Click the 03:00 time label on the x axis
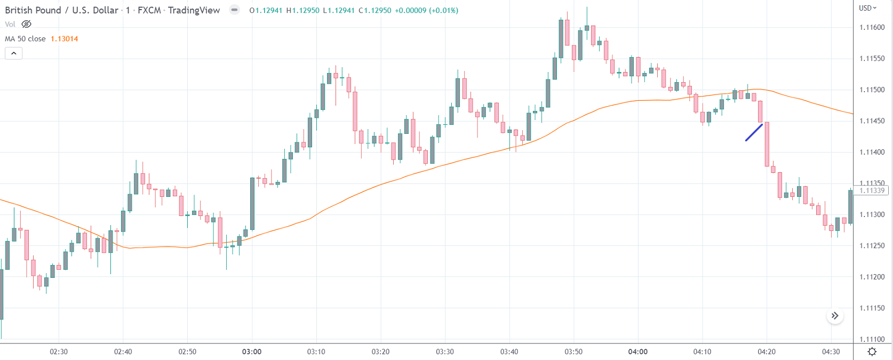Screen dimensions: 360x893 pos(252,351)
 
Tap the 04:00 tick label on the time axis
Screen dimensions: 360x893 pos(638,351)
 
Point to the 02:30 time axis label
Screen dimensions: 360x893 pos(59,351)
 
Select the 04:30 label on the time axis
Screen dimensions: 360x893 pos(831,351)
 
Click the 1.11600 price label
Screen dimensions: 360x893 pos(872,28)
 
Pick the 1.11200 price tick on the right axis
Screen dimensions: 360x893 pos(872,277)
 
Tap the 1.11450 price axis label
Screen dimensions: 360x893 pos(872,121)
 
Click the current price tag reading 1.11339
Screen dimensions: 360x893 pos(872,190)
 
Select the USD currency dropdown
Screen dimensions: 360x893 pos(867,8)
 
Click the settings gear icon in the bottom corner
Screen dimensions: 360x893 pos(872,351)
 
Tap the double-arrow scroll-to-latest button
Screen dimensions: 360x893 pos(835,316)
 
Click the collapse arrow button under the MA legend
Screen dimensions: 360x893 pos(14,53)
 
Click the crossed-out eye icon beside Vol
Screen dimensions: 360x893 pos(26,24)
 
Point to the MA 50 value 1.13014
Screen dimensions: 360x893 pos(64,39)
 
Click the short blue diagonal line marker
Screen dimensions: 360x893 pos(754,132)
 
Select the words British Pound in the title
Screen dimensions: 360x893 pos(33,10)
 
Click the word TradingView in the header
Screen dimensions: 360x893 pos(194,10)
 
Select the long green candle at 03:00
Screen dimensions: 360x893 pos(252,203)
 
